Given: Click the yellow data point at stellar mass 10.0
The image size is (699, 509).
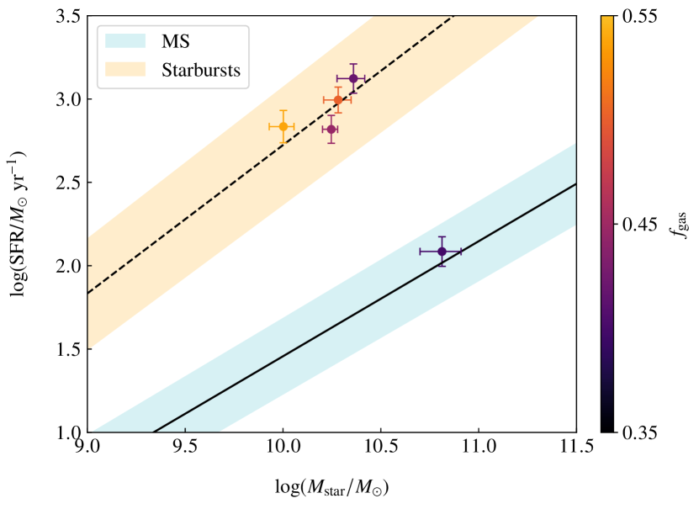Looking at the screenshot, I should [x=283, y=126].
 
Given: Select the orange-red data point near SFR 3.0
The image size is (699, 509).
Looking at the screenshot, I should [x=338, y=100].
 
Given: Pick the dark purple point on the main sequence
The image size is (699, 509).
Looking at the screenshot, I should [x=442, y=251].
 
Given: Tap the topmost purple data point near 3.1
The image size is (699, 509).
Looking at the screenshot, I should [x=353, y=78].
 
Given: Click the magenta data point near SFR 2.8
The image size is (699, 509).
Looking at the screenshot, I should [x=331, y=129].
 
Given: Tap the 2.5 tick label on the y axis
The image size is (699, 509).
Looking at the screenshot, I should [x=66, y=183].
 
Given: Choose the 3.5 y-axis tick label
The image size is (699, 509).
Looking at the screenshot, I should [x=66, y=16].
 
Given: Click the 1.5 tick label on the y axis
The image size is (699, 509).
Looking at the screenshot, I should [x=66, y=349].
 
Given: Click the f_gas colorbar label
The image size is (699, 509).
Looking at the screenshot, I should [x=680, y=225].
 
